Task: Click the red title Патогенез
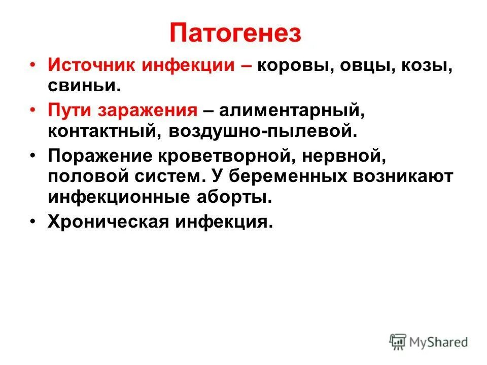(x=235, y=34)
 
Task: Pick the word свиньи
(x=84, y=86)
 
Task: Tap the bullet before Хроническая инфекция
(x=32, y=222)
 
